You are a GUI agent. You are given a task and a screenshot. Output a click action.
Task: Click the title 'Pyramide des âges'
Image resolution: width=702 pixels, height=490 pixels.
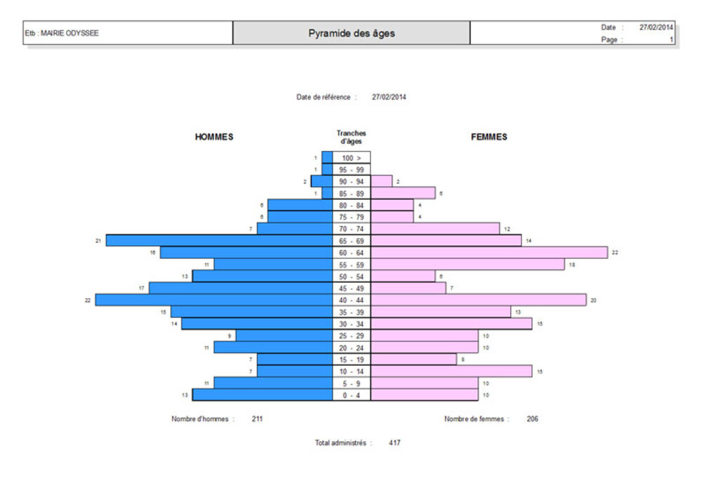351,33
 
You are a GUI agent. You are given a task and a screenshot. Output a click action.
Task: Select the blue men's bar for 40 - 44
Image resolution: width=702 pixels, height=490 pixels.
214,300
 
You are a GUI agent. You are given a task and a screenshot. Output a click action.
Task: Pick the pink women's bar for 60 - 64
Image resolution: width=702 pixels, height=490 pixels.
489,252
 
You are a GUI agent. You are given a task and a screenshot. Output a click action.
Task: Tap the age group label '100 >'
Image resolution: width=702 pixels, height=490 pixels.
351,158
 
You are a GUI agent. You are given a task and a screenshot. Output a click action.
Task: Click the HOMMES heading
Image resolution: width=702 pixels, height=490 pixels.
214,137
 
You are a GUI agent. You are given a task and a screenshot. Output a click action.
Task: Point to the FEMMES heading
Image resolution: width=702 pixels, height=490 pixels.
489,137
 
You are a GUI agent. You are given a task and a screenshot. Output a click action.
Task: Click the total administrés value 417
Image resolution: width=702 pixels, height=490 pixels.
395,443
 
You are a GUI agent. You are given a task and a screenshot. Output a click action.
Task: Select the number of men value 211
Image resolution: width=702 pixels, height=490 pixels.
258,419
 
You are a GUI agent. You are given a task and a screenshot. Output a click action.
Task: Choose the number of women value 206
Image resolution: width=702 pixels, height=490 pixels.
533,419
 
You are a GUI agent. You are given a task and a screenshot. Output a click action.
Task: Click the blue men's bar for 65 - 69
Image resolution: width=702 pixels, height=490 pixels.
219,240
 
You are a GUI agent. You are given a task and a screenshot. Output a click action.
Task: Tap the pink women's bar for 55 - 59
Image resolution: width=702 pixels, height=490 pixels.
468,264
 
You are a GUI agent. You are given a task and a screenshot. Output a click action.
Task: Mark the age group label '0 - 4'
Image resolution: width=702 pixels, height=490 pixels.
351,395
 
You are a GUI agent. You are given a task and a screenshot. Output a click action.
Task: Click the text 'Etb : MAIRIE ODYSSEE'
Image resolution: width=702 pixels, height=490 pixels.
62,33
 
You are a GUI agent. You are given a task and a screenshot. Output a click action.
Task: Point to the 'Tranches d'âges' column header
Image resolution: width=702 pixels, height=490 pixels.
351,137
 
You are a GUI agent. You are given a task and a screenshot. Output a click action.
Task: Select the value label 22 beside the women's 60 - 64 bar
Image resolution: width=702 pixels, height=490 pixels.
615,252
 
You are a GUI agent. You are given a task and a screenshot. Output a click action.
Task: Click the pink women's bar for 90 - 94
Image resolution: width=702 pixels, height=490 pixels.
381,181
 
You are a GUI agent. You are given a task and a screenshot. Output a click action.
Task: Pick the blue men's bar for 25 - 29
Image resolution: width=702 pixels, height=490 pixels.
284,336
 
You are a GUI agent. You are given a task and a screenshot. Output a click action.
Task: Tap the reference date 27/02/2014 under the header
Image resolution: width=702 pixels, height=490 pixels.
389,97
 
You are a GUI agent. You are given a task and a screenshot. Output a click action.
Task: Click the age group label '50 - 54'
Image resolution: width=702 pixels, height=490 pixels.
351,276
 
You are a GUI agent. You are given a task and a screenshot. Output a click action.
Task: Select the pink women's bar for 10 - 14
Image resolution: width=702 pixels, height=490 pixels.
451,371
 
